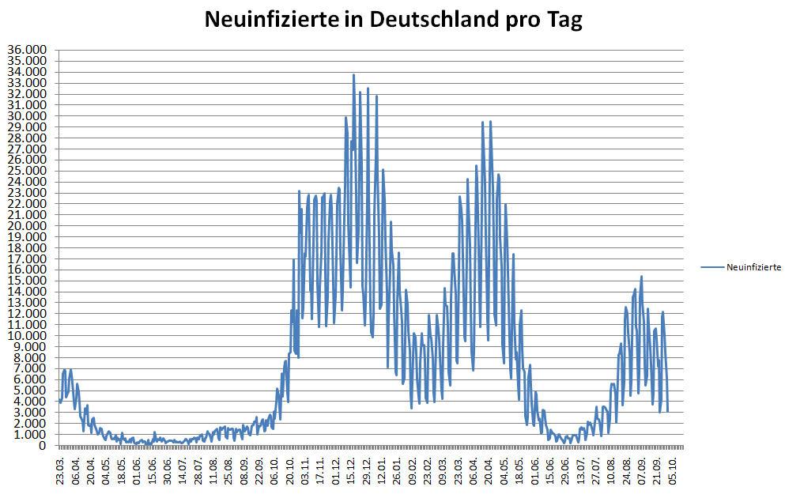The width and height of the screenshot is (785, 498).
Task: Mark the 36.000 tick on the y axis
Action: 28,50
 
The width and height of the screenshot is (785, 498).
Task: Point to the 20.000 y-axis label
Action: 28,226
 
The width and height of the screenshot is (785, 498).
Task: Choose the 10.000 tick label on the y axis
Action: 28,336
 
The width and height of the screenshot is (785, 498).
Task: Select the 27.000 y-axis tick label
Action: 28,149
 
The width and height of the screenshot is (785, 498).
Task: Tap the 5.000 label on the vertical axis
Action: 31,390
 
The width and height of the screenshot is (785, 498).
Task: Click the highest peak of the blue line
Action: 353,75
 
